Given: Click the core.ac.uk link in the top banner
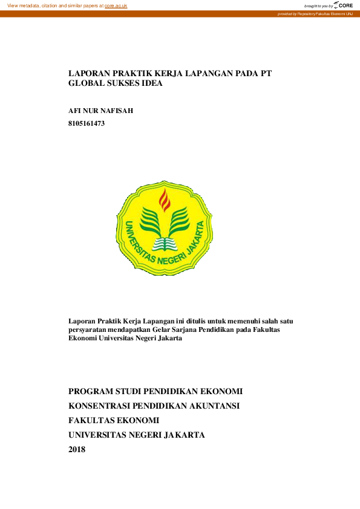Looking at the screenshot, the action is pyautogui.click(x=116, y=5).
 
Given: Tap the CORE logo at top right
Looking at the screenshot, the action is pyautogui.click(x=343, y=5).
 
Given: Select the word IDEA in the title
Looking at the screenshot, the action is pyautogui.click(x=151, y=84).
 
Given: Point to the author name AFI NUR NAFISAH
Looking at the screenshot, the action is pyautogui.click(x=100, y=111).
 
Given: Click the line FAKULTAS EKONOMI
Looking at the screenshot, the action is pyautogui.click(x=114, y=420).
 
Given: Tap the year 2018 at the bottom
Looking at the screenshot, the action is pyautogui.click(x=77, y=449).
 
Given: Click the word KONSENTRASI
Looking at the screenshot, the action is pyautogui.click(x=103, y=406).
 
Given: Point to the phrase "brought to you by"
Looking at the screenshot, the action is pyautogui.click(x=318, y=5).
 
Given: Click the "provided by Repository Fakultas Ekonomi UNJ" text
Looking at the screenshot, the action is pyautogui.click(x=315, y=14).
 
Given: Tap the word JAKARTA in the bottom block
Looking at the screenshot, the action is pyautogui.click(x=181, y=435).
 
